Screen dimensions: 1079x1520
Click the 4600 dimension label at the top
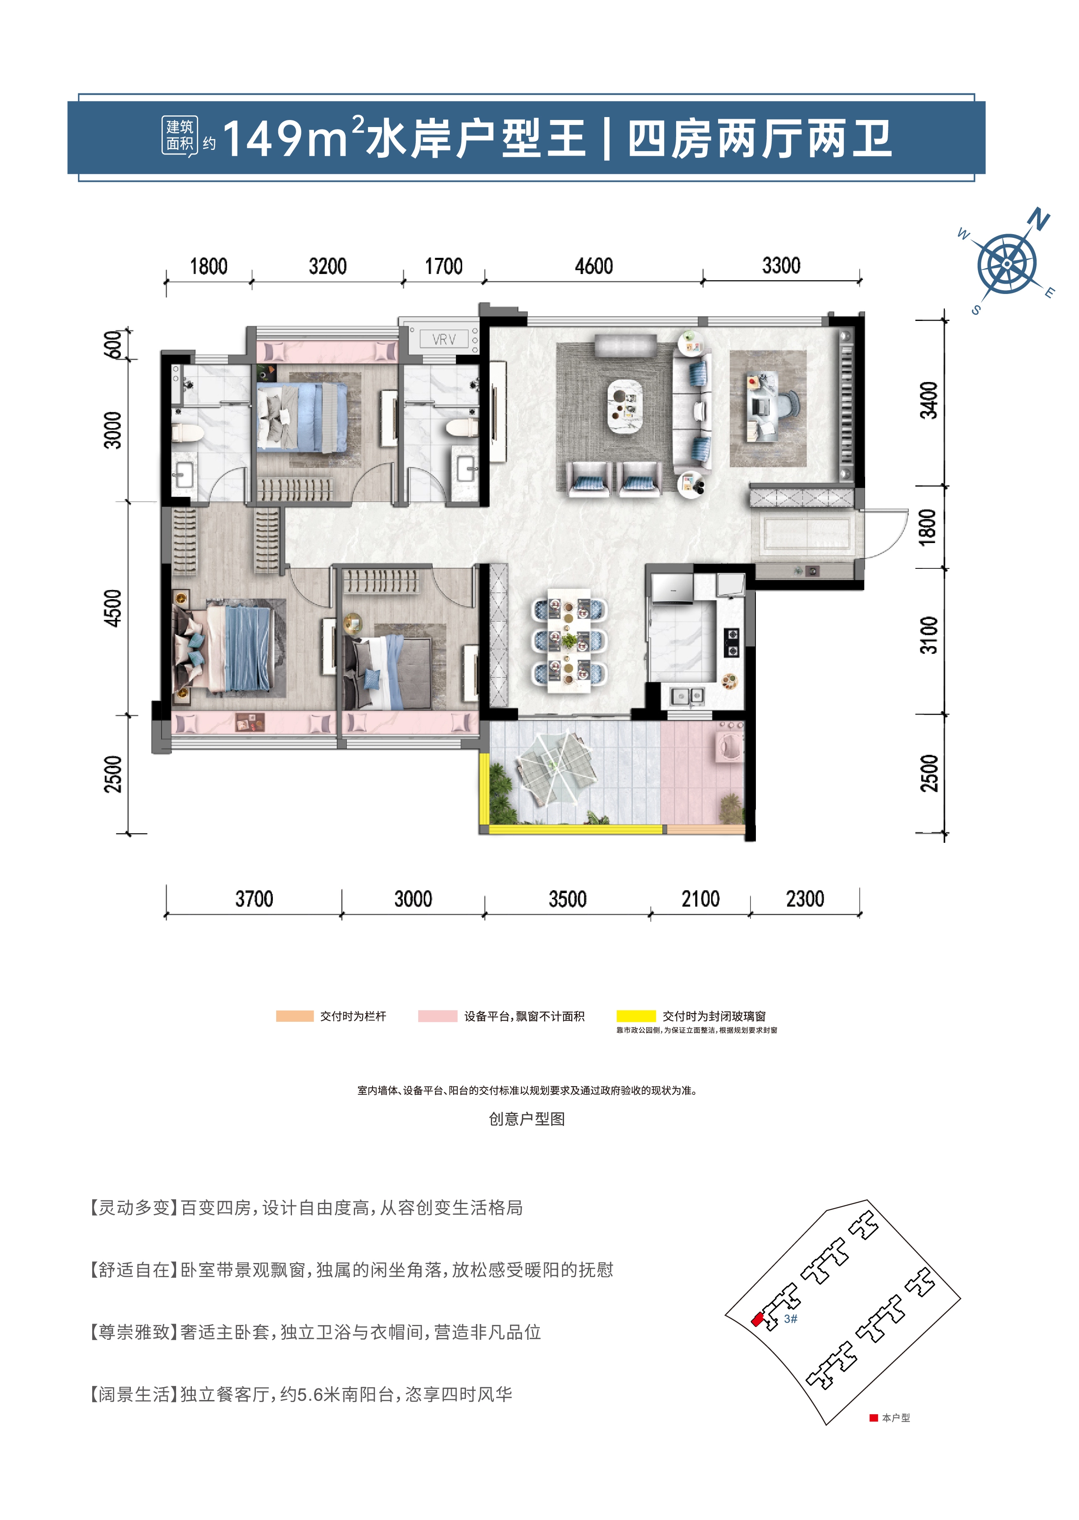593,266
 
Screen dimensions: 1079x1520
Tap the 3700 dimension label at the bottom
254,899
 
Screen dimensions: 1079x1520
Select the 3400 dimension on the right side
928,400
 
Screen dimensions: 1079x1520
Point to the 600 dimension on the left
113,345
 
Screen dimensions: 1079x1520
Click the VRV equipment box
444,339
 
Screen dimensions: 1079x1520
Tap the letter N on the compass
1038,219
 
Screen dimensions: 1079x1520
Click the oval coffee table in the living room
625,406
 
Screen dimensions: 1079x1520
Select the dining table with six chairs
569,641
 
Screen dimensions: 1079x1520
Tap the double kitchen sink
687,696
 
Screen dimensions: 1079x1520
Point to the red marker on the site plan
757,1319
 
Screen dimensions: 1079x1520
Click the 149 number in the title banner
262,140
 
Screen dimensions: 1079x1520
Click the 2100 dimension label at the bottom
700,899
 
